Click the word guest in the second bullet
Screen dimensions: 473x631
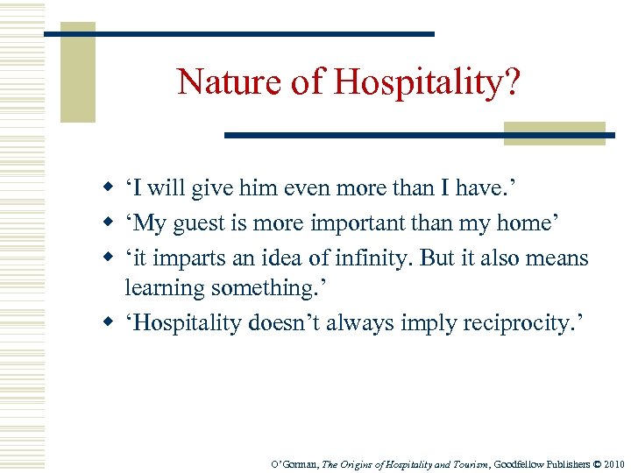pyautogui.click(x=196, y=224)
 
